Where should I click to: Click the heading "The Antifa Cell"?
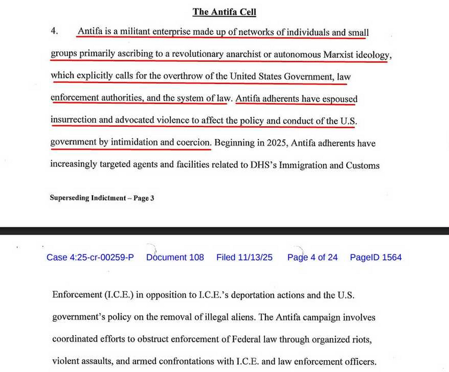224,12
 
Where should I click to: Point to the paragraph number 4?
54,31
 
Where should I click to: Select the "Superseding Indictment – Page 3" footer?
102,198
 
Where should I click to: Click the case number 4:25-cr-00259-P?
90,257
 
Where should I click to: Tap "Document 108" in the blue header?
175,257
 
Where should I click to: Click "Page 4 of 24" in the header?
313,257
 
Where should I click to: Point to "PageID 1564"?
376,257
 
